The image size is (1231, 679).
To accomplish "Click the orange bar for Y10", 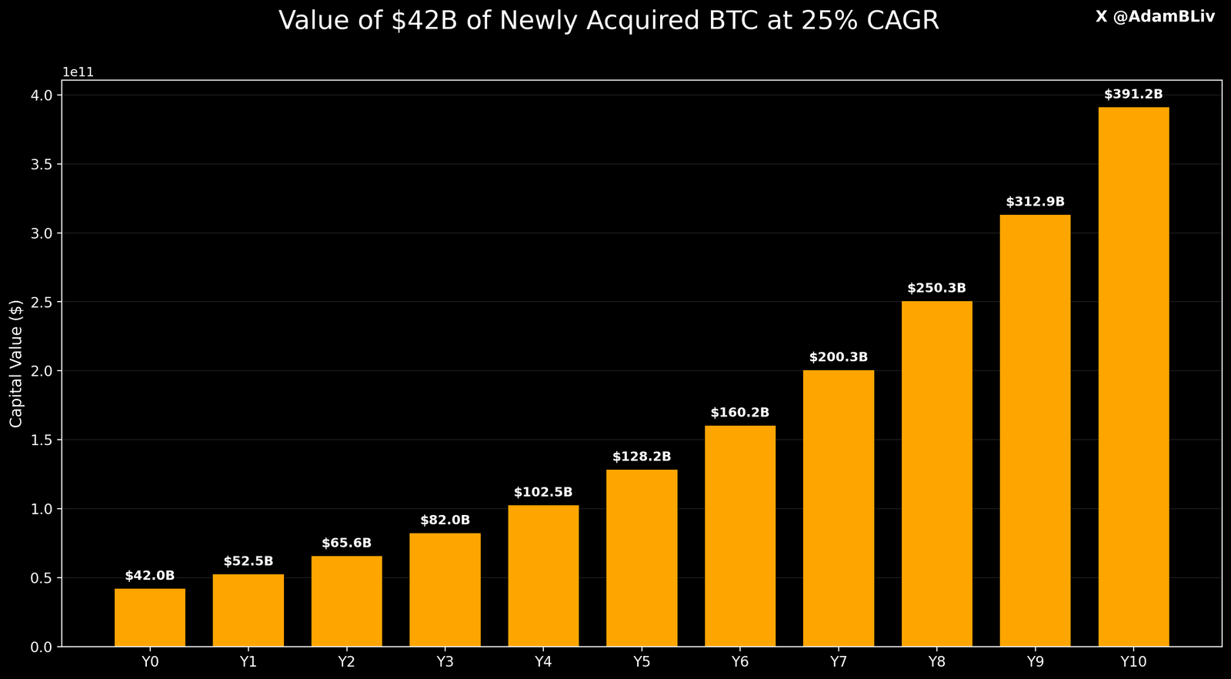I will [x=1133, y=377].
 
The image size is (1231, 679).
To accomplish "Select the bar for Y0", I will [x=150, y=617].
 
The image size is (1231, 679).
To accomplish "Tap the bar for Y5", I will [x=642, y=558].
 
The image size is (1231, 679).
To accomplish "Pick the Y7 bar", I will [x=839, y=508].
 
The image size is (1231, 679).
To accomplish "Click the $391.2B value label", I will [x=1133, y=95].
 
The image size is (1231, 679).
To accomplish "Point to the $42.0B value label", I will [x=150, y=576].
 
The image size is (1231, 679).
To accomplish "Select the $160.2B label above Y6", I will [x=740, y=413].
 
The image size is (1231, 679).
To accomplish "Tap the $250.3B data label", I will [x=936, y=288].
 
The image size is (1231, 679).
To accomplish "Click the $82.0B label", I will [x=445, y=520].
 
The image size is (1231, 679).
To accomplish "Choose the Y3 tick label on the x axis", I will [x=445, y=662].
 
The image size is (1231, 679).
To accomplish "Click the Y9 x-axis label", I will [x=1035, y=662].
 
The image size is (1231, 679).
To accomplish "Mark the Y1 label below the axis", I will [x=249, y=662].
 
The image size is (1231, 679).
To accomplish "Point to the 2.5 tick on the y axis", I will [x=42, y=302].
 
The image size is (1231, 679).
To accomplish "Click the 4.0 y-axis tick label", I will [x=42, y=95].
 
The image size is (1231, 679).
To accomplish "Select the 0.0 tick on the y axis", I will [x=42, y=647].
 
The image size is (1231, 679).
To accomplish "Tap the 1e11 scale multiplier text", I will [x=78, y=72].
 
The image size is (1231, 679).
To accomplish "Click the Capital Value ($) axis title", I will [x=16, y=363].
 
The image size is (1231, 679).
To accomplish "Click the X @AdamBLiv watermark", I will [x=1155, y=17].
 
